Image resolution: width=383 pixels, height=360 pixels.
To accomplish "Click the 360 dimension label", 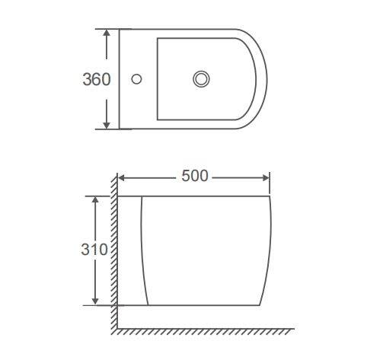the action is pos(97,79).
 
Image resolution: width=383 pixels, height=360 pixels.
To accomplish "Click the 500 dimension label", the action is pos(195,176).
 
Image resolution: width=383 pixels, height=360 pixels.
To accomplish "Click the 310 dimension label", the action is pos(94,250).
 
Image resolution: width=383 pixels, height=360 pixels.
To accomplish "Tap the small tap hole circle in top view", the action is pos(136,79).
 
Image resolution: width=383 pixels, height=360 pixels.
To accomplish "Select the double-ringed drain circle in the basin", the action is pos(201,79).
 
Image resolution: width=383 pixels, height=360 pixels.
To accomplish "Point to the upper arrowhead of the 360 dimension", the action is pos(107,33).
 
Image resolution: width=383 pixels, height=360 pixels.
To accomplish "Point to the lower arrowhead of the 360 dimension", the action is pos(107,126).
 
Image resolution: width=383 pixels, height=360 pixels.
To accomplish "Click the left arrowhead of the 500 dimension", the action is pos(122,178).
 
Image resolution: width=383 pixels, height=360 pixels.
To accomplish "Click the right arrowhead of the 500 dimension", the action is pos(266,178).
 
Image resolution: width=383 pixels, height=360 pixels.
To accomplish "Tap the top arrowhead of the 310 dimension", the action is pos(95,199).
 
